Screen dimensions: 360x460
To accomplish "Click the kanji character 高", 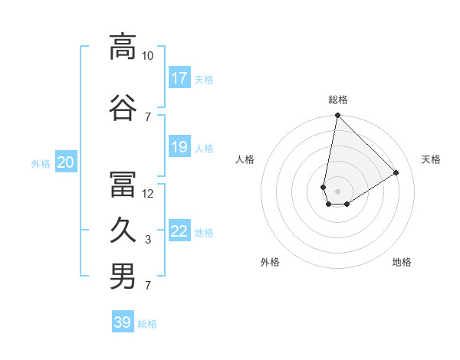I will [x=123, y=47].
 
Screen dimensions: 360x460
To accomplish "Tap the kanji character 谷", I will [x=123, y=107].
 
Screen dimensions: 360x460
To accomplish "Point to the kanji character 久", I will [x=123, y=231].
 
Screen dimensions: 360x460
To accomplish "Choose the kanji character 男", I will [x=123, y=277].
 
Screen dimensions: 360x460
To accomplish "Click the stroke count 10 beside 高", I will [x=148, y=56].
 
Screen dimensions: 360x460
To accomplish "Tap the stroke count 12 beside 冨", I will [x=148, y=194].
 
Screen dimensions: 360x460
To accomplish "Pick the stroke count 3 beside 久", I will [x=148, y=240].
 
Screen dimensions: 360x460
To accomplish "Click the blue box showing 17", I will [x=179, y=78].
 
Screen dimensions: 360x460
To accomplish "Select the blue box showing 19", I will [x=179, y=147].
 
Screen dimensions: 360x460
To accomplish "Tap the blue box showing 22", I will [x=179, y=231].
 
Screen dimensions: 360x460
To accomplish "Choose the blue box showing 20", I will [x=66, y=162].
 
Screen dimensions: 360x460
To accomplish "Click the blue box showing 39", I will [x=123, y=322].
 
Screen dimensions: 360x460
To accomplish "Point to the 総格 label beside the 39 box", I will [x=147, y=324].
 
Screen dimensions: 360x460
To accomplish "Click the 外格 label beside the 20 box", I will [x=41, y=163].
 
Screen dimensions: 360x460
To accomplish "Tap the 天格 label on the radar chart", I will [x=431, y=159].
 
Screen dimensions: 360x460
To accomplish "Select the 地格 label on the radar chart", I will [x=402, y=262].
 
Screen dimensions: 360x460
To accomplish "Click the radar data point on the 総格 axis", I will [x=337, y=116].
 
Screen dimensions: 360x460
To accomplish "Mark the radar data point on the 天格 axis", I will [x=396, y=173].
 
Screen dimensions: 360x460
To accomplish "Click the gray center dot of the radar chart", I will [x=337, y=190].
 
